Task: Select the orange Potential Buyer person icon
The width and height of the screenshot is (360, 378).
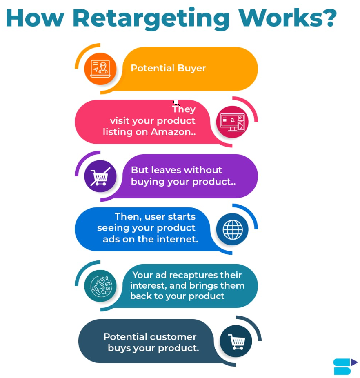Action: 100,69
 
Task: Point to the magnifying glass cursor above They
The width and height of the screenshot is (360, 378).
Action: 176,102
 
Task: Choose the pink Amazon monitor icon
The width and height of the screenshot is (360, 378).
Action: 232,122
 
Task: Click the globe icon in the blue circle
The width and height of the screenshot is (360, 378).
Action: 232,229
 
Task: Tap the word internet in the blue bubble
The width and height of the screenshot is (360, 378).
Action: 178,239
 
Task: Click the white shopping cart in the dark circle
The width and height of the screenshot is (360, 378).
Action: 236,341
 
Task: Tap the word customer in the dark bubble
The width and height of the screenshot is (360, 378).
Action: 173,337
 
